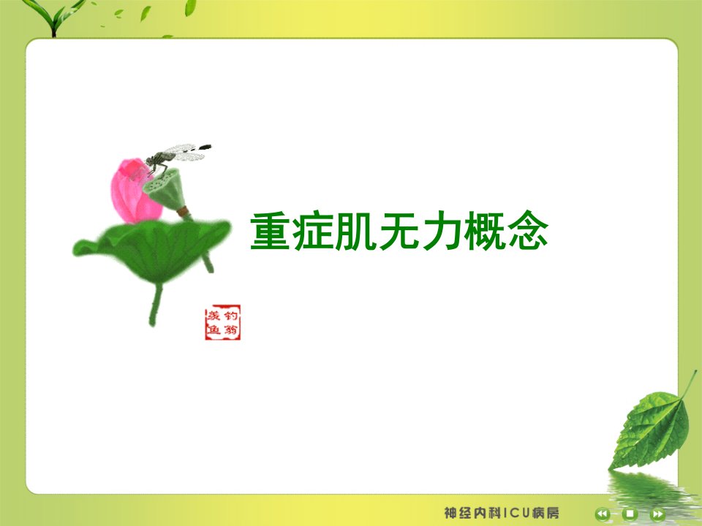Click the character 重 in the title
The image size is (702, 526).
point(270,231)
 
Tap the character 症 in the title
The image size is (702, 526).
point(313,231)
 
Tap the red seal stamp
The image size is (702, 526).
point(222,322)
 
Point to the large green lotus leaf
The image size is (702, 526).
point(152,250)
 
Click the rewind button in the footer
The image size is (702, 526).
point(603,514)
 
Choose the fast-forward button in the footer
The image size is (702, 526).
point(657,514)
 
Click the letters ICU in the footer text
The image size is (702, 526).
point(517,513)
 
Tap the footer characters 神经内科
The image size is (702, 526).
point(473,513)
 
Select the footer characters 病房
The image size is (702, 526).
point(546,513)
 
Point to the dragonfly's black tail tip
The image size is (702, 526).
point(205,147)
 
